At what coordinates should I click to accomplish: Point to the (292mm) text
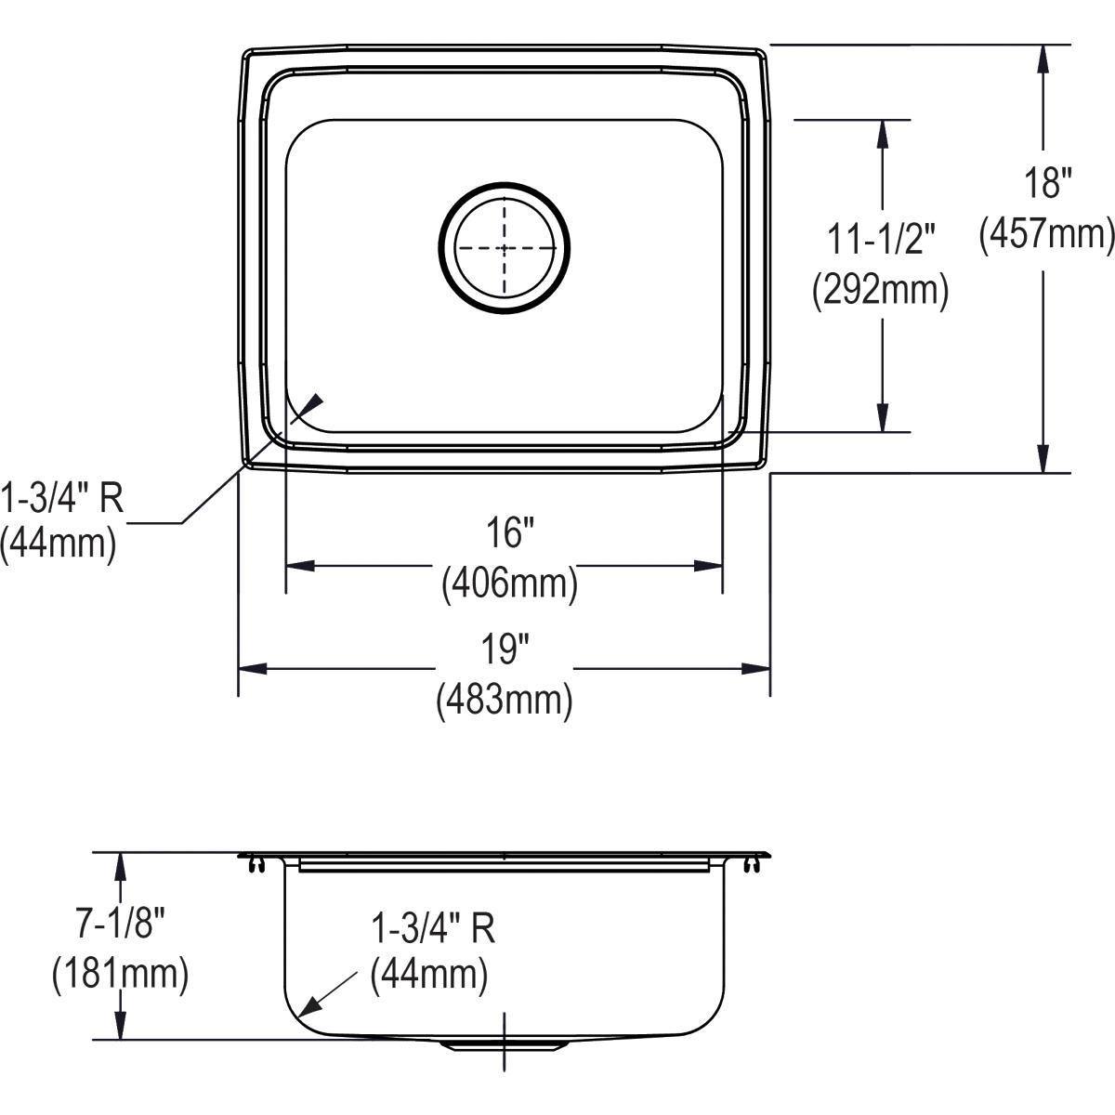click(880, 291)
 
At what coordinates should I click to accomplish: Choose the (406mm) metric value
click(509, 584)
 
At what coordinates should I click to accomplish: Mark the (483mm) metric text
click(504, 700)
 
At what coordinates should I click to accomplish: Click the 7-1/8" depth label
click(120, 924)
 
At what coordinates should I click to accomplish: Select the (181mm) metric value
click(120, 974)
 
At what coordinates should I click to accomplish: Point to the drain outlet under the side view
click(504, 1044)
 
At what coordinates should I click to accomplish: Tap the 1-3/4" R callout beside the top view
click(61, 499)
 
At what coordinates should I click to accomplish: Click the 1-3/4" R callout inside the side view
click(432, 927)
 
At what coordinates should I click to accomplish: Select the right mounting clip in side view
click(751, 866)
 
